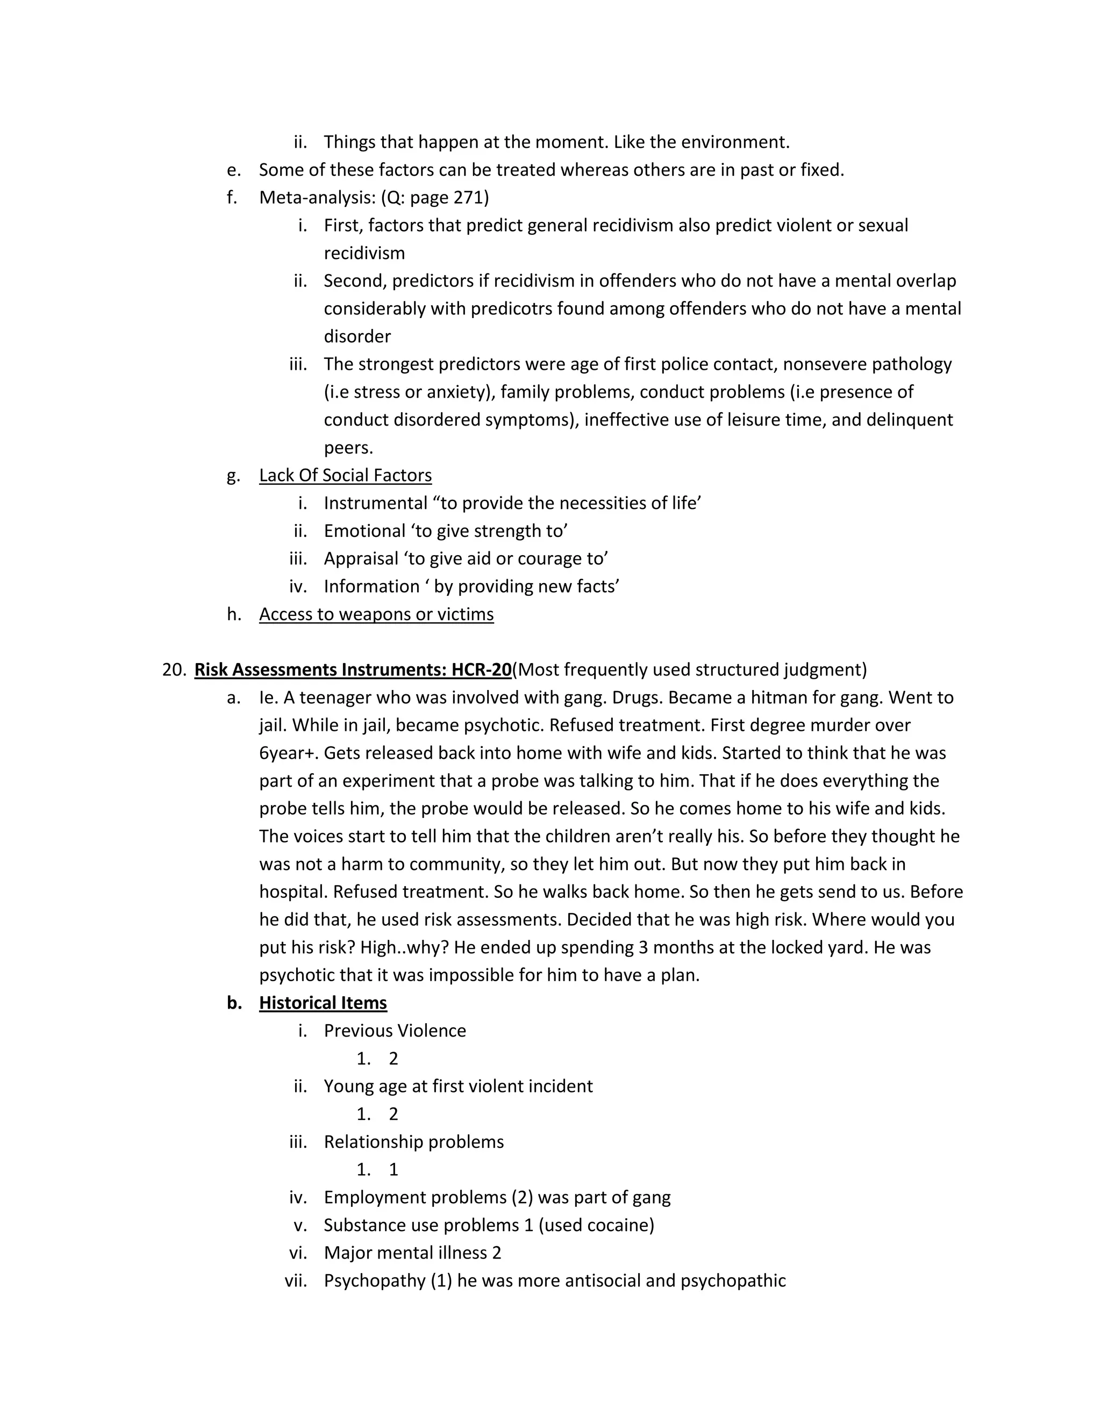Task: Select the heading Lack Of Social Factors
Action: click(345, 476)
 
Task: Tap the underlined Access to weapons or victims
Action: click(376, 614)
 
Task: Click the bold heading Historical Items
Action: click(323, 1003)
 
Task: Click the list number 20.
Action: click(174, 670)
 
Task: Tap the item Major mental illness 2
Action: click(412, 1253)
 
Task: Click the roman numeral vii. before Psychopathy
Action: click(296, 1281)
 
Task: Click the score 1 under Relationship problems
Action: click(394, 1170)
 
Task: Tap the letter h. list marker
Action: click(233, 614)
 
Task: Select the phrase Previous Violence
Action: click(395, 1031)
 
